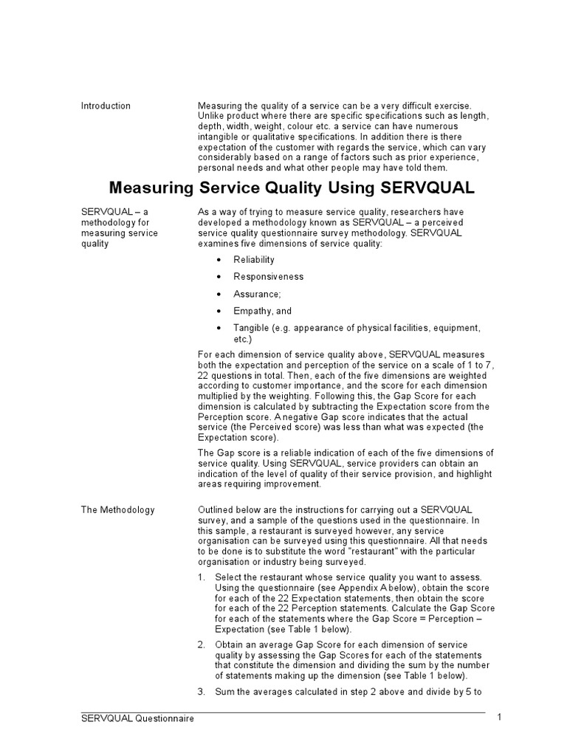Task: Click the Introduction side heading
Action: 106,106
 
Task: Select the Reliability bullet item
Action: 254,259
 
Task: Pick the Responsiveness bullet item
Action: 268,277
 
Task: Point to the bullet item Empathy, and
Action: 262,312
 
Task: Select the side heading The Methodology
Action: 118,510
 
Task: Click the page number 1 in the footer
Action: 499,718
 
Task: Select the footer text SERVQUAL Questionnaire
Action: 138,718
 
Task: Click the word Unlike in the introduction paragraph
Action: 210,116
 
